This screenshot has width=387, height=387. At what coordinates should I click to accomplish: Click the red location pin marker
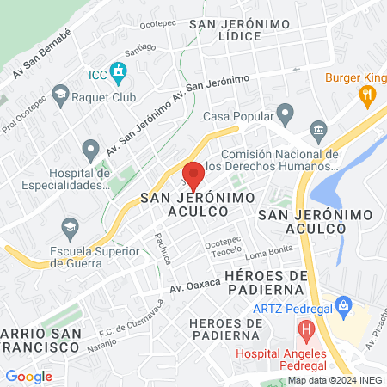click(x=193, y=174)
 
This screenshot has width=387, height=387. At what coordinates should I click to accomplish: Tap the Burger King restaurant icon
click(x=368, y=96)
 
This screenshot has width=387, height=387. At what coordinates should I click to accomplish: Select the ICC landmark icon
click(x=119, y=72)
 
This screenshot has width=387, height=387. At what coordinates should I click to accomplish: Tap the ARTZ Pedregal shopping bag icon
click(x=344, y=304)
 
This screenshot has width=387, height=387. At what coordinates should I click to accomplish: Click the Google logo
click(x=28, y=376)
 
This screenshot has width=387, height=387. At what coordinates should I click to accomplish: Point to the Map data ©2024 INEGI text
click(x=335, y=380)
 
